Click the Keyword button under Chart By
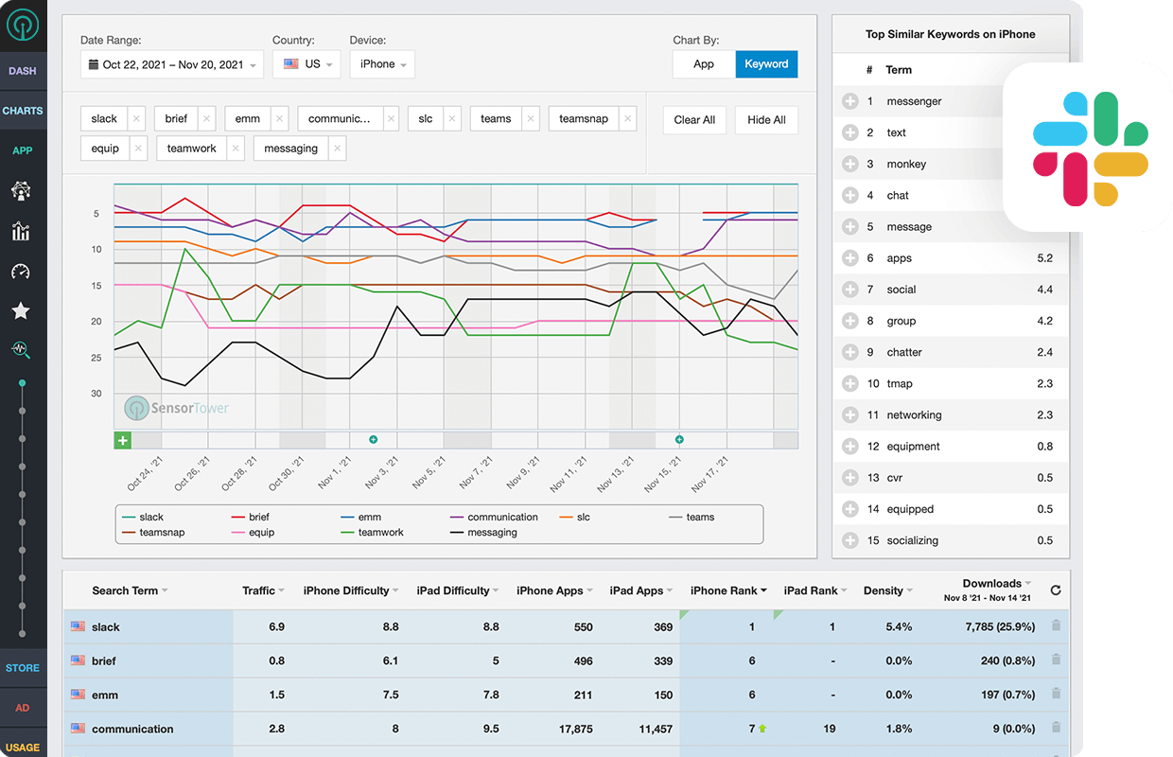[766, 64]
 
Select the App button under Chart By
[704, 64]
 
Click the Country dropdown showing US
[306, 64]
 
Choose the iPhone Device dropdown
[382, 64]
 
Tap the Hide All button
[766, 120]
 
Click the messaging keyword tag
[291, 149]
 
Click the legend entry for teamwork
[380, 533]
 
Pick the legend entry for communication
[502, 518]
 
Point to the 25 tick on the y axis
[96, 358]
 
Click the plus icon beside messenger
[849, 101]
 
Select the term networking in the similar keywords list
[914, 415]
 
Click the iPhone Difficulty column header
[346, 590]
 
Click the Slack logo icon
[1090, 149]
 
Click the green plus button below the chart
[123, 441]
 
